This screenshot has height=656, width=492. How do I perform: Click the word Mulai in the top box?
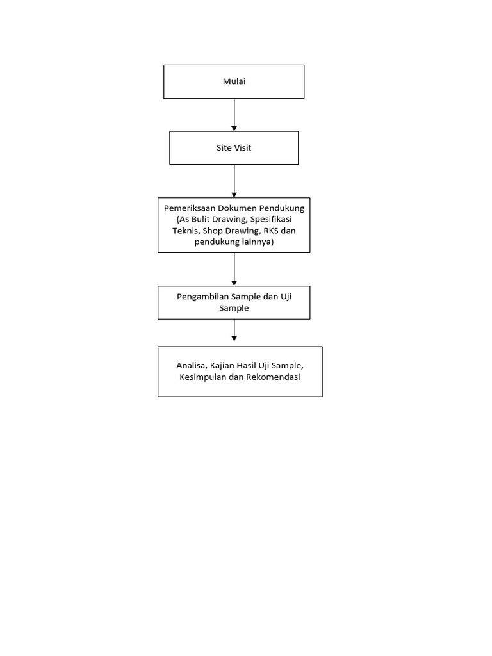(x=234, y=81)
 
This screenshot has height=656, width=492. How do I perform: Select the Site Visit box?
(x=234, y=148)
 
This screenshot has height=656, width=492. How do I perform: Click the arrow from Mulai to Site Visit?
(x=234, y=115)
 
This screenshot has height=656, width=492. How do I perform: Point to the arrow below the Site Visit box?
(x=234, y=181)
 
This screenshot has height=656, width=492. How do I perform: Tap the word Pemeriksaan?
(x=189, y=208)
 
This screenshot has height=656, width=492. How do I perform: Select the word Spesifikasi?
(x=271, y=219)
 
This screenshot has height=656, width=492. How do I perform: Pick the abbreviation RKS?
(x=270, y=231)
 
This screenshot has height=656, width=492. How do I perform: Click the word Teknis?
(x=185, y=231)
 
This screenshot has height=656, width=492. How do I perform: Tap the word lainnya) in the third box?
(x=258, y=242)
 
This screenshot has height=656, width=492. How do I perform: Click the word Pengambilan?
(x=203, y=297)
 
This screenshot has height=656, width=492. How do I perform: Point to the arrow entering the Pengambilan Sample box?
(x=234, y=270)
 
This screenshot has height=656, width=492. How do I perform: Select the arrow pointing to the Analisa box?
(x=234, y=330)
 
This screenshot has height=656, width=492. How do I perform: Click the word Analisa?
(x=192, y=366)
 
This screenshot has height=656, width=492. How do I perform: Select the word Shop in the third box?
(x=213, y=231)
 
